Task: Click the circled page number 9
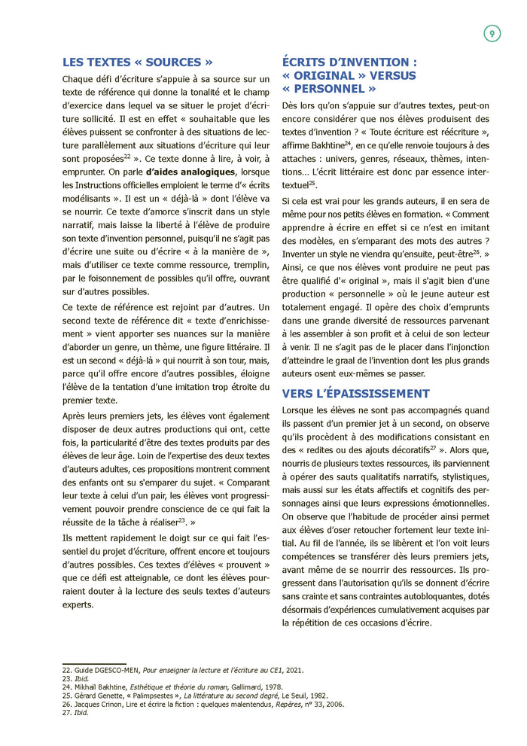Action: click(492, 33)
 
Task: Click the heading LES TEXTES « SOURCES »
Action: click(137, 62)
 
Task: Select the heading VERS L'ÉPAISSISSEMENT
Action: click(355, 393)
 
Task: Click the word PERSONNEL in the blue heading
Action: click(334, 88)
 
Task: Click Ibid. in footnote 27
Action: click(81, 713)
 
